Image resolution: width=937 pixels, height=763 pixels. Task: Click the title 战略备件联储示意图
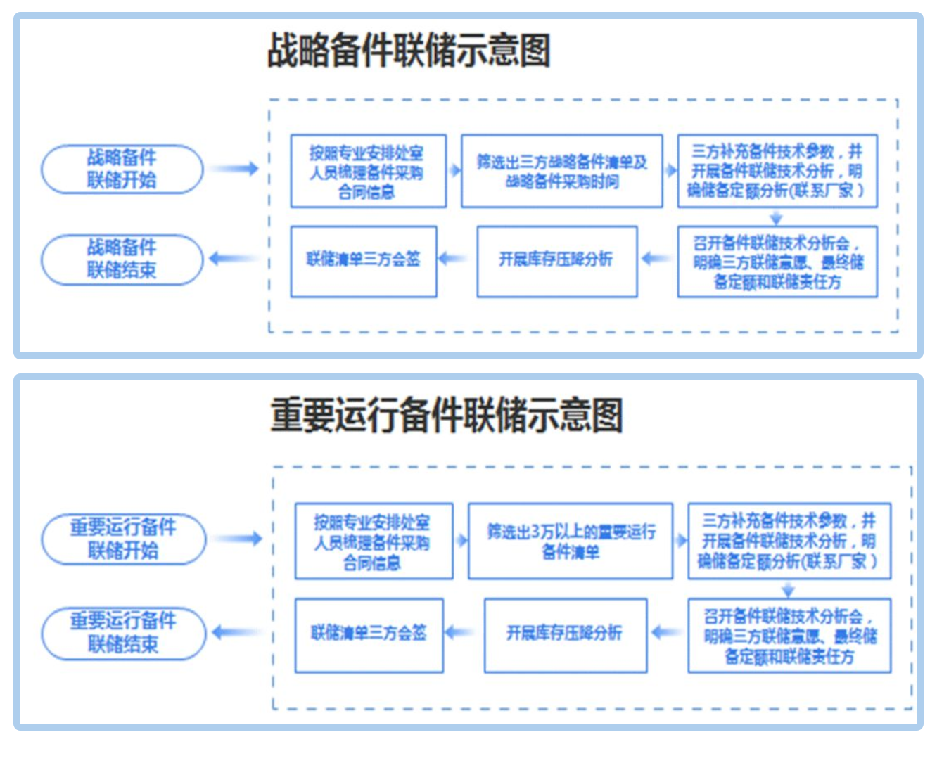click(409, 51)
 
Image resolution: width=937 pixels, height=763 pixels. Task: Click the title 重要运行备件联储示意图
click(447, 415)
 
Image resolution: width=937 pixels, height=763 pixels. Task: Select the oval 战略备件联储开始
click(122, 169)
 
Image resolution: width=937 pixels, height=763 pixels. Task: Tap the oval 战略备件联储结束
click(122, 259)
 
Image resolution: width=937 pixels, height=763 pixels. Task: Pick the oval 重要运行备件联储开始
click(123, 539)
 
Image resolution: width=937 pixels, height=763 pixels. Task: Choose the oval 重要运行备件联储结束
click(123, 633)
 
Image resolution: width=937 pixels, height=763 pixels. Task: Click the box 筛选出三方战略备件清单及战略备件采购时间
click(561, 172)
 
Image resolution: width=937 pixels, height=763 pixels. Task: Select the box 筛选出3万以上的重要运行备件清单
click(571, 541)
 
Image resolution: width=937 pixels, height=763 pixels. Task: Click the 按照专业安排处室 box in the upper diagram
click(368, 172)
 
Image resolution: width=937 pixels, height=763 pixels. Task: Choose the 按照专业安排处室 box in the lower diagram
click(373, 541)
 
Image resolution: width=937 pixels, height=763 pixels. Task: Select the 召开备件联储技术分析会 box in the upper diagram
click(777, 262)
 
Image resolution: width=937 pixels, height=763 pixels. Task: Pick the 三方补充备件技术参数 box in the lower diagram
click(789, 541)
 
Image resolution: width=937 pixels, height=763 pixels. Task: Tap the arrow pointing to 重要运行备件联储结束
click(236, 632)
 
